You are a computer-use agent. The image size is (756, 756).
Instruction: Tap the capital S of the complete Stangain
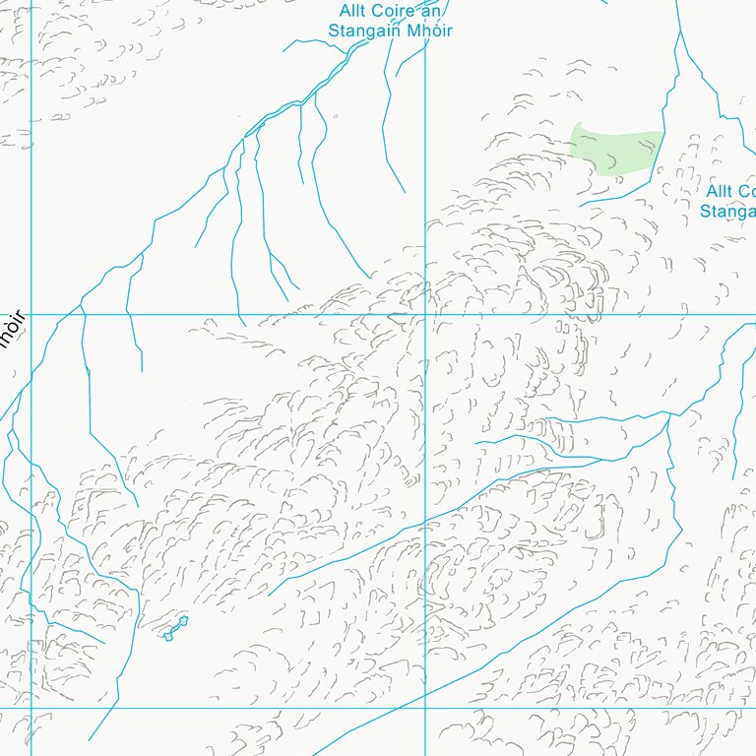point(334,31)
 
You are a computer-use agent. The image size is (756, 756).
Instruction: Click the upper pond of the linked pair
point(182,622)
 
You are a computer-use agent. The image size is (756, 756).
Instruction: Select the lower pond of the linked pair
point(168,636)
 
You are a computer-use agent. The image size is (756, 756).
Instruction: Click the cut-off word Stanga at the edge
point(727,211)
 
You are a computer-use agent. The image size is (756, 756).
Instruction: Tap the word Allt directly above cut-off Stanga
point(720,191)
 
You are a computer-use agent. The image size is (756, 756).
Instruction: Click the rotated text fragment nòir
point(11,330)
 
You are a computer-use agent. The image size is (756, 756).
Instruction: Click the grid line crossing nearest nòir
point(31,314)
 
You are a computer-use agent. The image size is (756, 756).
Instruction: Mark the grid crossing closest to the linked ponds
point(31,707)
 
